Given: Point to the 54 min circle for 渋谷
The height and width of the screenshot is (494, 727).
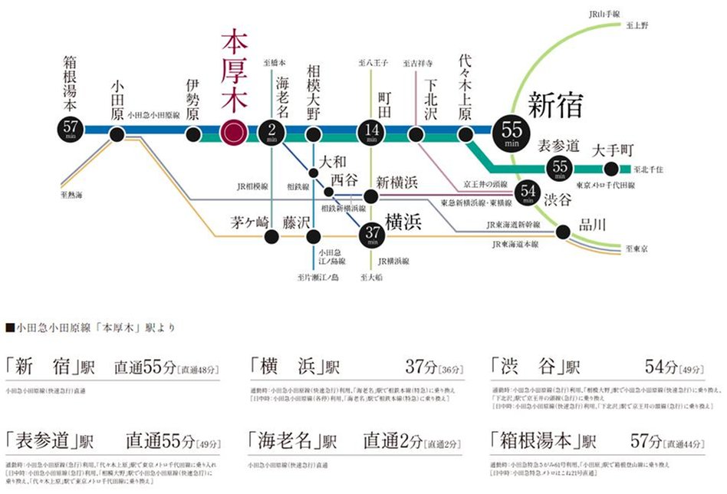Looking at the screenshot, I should click(x=527, y=192).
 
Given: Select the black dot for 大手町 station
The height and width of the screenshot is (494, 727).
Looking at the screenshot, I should click(x=611, y=169).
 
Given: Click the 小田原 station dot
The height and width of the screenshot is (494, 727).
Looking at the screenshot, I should click(x=117, y=135).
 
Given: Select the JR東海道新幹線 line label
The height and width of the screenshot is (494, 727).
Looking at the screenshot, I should click(x=513, y=225).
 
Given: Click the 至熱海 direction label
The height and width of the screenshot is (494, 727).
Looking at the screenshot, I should click(x=71, y=196).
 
